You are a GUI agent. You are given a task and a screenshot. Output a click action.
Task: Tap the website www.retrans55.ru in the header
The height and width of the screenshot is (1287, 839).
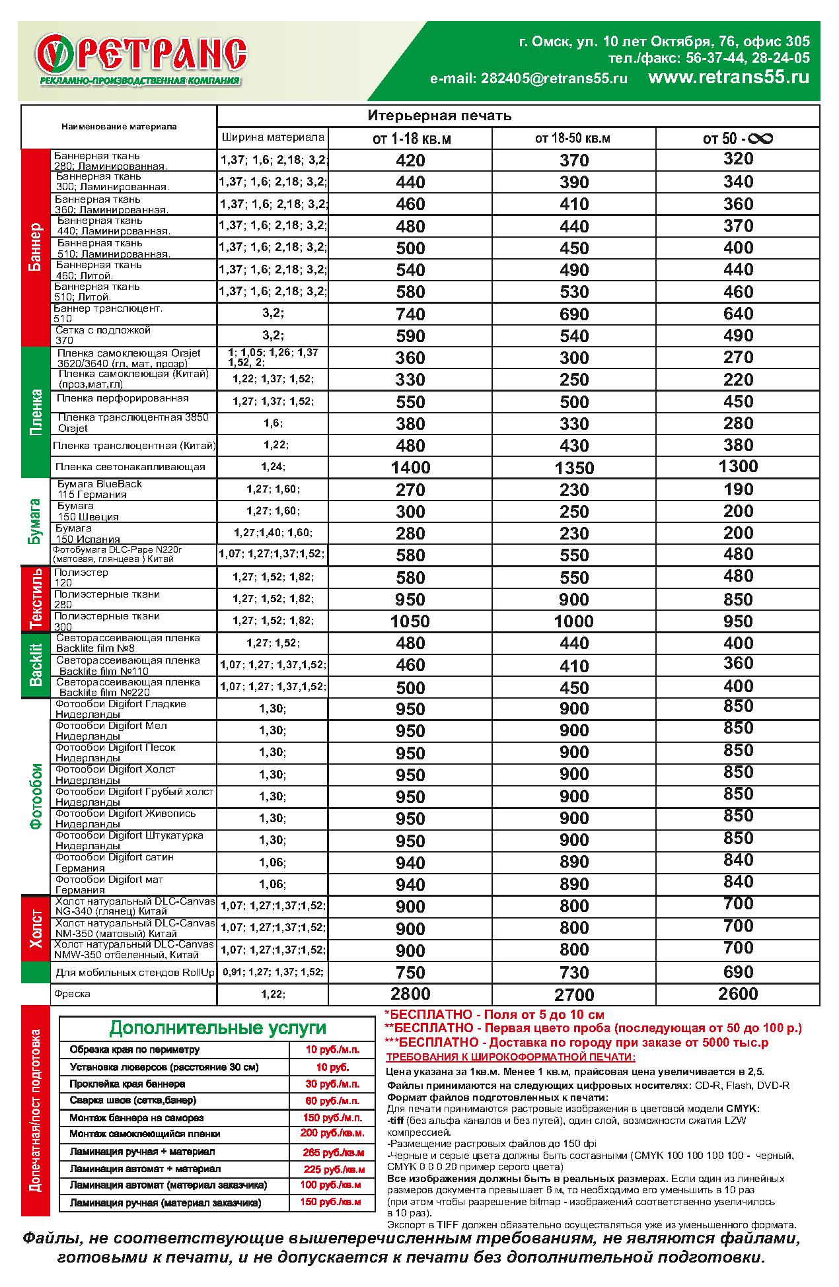[729, 77]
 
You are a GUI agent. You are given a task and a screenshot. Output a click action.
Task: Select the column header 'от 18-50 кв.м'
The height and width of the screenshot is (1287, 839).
[573, 139]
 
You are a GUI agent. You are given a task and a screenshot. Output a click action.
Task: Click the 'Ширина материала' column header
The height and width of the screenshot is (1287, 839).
[273, 138]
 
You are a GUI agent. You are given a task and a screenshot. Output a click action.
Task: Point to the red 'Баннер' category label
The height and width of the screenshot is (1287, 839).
[36, 248]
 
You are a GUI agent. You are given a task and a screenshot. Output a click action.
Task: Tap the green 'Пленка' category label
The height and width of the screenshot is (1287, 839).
[36, 412]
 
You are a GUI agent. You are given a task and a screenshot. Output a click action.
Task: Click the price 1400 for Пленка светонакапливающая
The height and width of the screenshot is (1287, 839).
[410, 468]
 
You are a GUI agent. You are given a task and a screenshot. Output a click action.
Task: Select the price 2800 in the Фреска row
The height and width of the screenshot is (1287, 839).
[410, 994]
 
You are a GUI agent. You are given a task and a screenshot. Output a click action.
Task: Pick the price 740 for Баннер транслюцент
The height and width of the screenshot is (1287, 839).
[410, 314]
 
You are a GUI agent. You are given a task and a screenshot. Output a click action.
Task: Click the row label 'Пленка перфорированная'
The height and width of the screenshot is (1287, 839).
[123, 399]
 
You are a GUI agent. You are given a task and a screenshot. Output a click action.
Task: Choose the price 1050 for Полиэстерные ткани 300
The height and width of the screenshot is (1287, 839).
[410, 621]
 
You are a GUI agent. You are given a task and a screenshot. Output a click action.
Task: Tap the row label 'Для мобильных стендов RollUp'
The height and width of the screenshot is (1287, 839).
[135, 973]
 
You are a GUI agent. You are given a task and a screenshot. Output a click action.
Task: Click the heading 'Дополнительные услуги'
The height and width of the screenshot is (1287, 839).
[218, 1028]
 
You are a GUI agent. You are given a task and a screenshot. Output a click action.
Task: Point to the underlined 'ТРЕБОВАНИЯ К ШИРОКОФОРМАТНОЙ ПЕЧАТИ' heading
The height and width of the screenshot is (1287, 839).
[510, 1057]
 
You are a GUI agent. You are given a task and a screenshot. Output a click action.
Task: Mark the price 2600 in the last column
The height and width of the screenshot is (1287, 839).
[738, 994]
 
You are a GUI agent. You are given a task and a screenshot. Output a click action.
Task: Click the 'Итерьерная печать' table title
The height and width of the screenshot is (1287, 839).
[439, 116]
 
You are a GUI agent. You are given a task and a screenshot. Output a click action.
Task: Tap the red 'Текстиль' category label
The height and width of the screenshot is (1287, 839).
[36, 599]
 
